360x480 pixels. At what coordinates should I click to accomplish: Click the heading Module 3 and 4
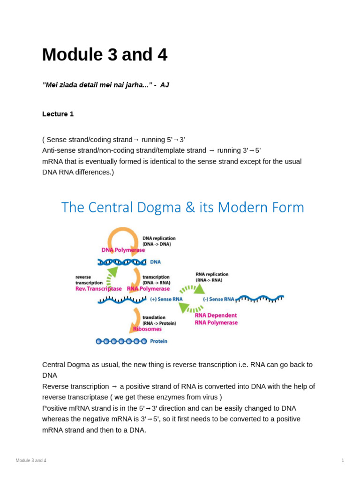105,55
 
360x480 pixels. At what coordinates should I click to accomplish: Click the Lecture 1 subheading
58,114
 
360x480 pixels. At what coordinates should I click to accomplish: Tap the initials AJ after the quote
165,85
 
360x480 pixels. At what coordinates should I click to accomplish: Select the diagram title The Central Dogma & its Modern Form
182,207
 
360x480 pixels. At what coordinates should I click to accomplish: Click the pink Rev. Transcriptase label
98,289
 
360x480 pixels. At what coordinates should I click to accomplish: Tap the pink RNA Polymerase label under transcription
149,289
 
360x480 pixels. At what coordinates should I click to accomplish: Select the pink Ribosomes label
147,329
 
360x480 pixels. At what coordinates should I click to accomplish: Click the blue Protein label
158,341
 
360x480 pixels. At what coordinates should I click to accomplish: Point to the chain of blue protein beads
121,341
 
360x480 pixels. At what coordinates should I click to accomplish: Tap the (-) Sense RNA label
218,299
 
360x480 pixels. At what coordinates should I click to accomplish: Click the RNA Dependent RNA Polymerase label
216,319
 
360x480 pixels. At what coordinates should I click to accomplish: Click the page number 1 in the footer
343,460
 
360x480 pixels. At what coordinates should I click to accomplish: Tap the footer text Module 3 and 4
31,460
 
